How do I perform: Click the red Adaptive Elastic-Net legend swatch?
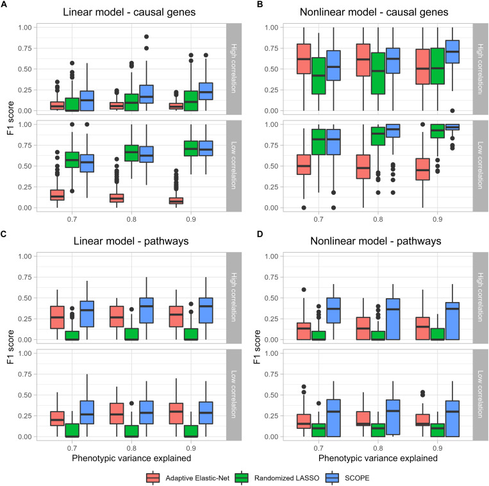click(153, 477)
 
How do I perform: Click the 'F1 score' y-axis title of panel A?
click(9, 115)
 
